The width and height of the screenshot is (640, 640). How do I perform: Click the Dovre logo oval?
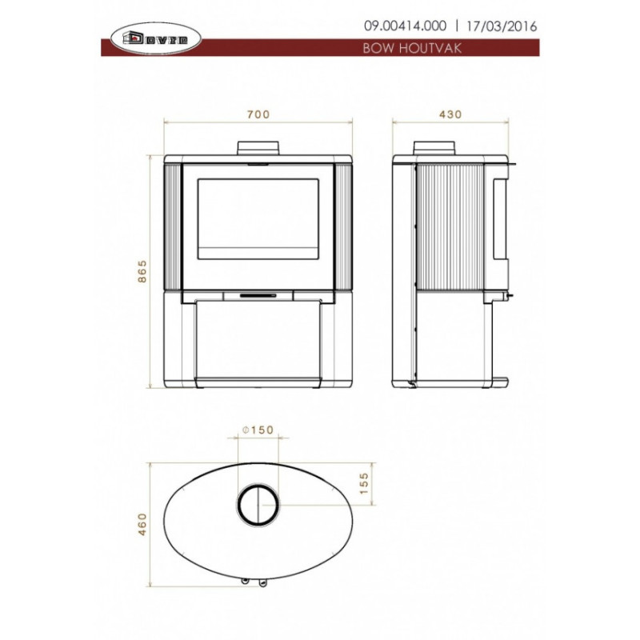[156, 39]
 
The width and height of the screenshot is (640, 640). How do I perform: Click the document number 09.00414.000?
[405, 26]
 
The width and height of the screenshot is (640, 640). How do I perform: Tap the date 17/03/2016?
[502, 26]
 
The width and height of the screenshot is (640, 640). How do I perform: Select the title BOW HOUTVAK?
[412, 48]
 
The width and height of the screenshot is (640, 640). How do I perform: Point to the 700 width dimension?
[258, 114]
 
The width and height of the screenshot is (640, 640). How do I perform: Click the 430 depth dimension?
[450, 114]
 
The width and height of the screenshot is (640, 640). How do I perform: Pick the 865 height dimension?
[142, 271]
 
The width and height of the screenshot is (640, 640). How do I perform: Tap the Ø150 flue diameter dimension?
[258, 430]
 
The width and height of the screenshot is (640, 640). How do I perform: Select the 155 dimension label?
[364, 483]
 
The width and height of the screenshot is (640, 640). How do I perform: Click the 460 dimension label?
[142, 524]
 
